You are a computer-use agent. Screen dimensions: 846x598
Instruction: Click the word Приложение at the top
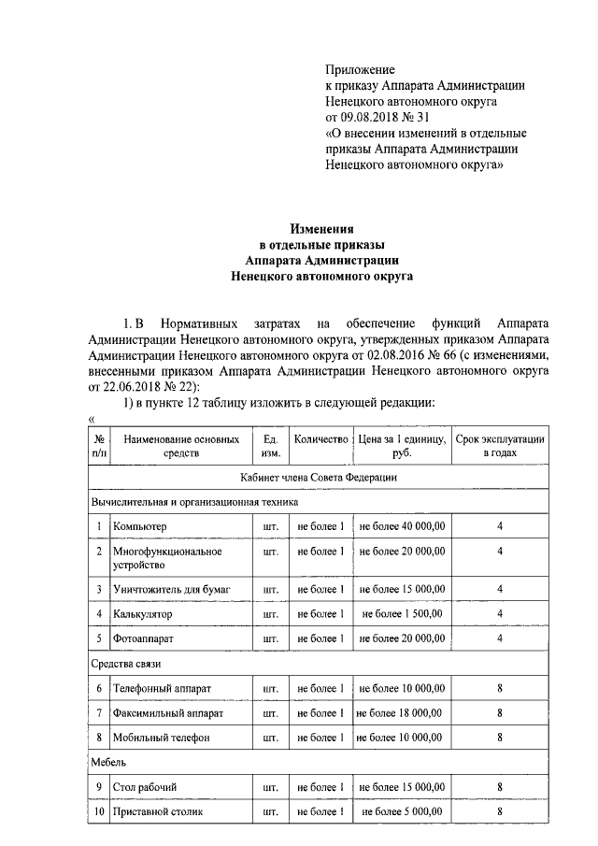click(x=360, y=69)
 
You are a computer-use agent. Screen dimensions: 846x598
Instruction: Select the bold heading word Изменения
click(x=320, y=228)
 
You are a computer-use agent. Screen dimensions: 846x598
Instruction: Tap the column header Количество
click(x=320, y=438)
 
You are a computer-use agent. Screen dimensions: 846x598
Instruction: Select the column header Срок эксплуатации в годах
click(x=500, y=445)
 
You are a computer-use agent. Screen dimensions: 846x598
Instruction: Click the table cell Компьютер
click(x=139, y=527)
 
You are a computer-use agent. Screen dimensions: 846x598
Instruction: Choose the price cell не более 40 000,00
click(x=402, y=527)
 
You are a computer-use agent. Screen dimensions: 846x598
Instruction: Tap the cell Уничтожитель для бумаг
click(x=170, y=589)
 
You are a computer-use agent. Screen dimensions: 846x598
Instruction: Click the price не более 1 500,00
click(x=402, y=614)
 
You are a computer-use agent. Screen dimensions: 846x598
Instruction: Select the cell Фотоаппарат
click(x=143, y=638)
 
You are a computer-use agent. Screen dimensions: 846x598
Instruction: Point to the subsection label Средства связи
click(x=126, y=664)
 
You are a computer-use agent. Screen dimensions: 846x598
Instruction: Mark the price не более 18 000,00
click(x=399, y=713)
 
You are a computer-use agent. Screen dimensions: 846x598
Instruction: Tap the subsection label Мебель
click(x=108, y=762)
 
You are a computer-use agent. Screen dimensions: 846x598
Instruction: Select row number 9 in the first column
click(x=99, y=786)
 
